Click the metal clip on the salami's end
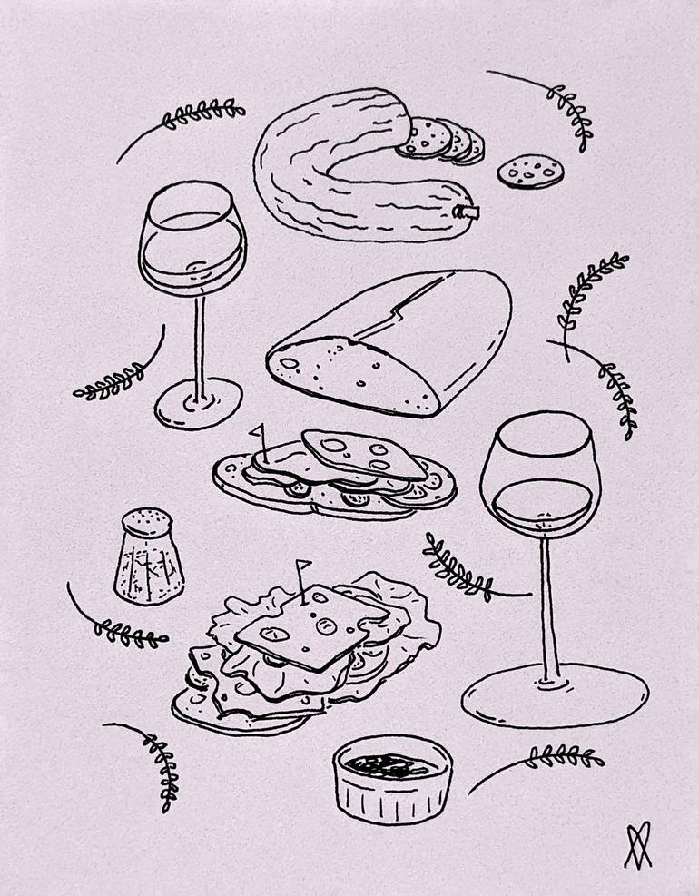pyautogui.click(x=469, y=213)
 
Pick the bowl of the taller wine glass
pyautogui.click(x=540, y=477)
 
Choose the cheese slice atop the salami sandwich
pyautogui.click(x=363, y=451)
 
